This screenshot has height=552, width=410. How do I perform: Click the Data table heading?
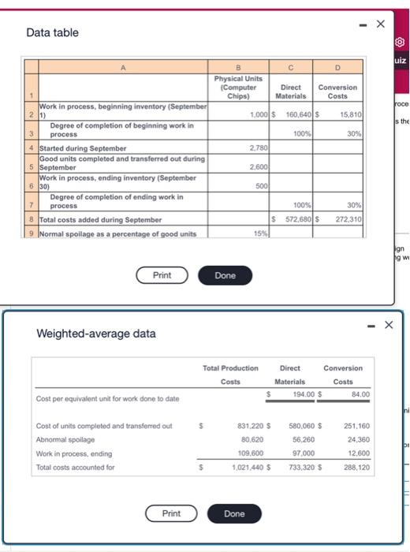click(52, 32)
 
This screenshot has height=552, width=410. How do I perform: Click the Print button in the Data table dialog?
click(162, 275)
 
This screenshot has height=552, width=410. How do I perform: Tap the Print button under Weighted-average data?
click(171, 513)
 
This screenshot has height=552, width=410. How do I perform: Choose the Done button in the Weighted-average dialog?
click(234, 513)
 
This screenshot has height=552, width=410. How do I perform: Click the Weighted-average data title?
click(96, 334)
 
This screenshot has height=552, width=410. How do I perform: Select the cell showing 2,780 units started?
click(257, 147)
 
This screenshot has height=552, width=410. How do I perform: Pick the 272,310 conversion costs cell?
click(346, 218)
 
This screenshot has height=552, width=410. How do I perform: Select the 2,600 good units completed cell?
click(257, 167)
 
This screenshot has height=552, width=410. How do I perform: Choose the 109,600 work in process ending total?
click(251, 453)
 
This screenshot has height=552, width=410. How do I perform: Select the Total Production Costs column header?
click(230, 375)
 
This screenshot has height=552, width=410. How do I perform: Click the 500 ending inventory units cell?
click(259, 187)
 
